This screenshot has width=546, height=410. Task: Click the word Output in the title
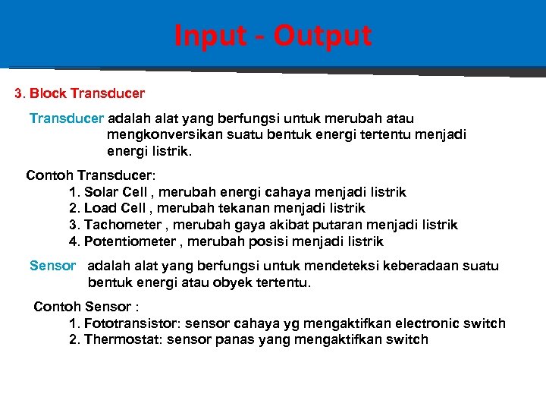pos(322,36)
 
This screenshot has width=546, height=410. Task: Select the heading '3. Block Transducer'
pos(80,95)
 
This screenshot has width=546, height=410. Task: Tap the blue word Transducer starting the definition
pos(67,118)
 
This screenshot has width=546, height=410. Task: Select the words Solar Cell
pos(115,192)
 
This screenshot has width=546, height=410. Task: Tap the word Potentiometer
pos(130,241)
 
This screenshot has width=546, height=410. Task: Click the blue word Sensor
pos(52,266)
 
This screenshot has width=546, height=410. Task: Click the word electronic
pos(420,323)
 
